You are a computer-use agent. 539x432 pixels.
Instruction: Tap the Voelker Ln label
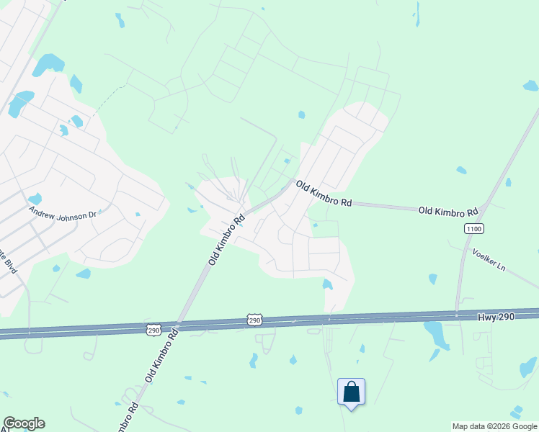(x=489, y=259)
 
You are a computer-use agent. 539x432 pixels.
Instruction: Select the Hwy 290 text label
(x=496, y=317)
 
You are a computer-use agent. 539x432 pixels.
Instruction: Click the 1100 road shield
(x=473, y=228)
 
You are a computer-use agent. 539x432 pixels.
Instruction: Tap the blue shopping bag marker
(x=351, y=392)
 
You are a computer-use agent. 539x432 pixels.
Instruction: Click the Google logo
(x=24, y=423)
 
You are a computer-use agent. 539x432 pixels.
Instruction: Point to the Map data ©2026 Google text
(x=494, y=426)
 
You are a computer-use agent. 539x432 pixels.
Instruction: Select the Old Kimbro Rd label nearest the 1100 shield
(x=448, y=212)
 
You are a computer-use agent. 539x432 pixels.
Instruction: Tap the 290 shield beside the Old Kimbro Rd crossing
(x=153, y=330)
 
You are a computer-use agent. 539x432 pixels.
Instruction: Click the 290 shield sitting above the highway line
(x=254, y=319)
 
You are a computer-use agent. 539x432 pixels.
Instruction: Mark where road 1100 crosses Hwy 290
(x=457, y=315)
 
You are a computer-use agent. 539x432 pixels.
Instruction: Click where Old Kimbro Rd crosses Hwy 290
(x=179, y=325)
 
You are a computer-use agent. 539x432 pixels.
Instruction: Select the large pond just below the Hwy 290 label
(x=435, y=333)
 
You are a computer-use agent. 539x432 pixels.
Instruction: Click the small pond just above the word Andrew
(x=35, y=199)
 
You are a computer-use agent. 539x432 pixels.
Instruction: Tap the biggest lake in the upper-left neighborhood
(x=48, y=65)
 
